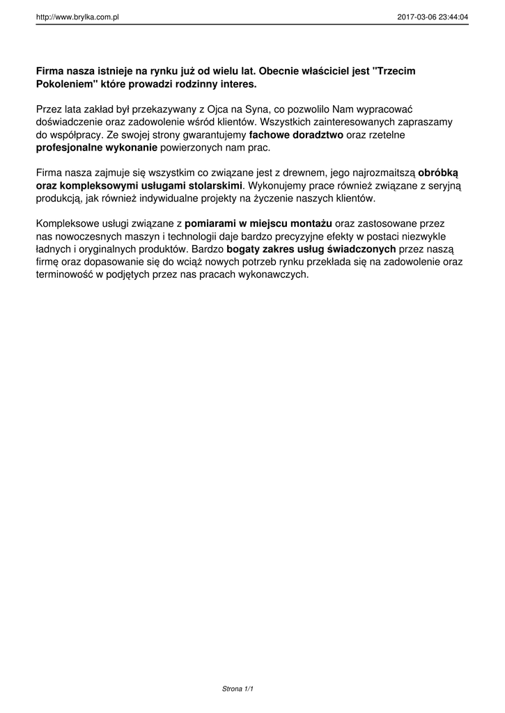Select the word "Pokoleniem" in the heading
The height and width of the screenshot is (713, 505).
(x=63, y=84)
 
